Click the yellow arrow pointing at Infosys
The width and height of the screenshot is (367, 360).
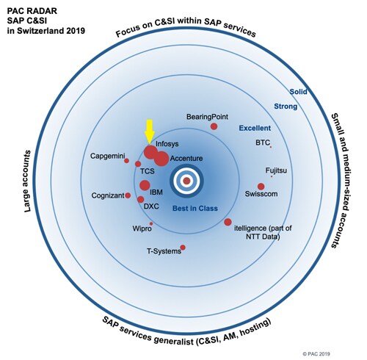pyautogui.click(x=149, y=132)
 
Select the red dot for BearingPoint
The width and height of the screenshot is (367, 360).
pyautogui.click(x=214, y=126)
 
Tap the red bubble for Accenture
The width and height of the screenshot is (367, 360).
pyautogui.click(x=161, y=159)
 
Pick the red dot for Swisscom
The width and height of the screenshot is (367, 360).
pyautogui.click(x=261, y=187)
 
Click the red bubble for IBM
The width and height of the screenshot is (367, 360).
pyautogui.click(x=145, y=185)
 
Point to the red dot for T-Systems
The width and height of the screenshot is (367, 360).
pyautogui.click(x=183, y=248)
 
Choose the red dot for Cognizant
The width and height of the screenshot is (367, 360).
pyautogui.click(x=128, y=195)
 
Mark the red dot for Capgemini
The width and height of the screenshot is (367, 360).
pyautogui.click(x=126, y=161)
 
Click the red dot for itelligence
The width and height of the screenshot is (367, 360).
pyautogui.click(x=228, y=222)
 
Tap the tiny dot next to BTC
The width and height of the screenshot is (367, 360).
pyautogui.click(x=271, y=147)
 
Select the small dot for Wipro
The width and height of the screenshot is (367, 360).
pyautogui.click(x=151, y=223)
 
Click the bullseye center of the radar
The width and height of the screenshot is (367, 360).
pyautogui.click(x=186, y=181)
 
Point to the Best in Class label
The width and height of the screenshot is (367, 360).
pyautogui.click(x=195, y=209)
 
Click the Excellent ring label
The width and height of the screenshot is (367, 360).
pyautogui.click(x=255, y=128)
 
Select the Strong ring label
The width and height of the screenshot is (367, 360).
pyautogui.click(x=286, y=107)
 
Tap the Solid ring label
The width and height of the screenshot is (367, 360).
pyautogui.click(x=298, y=92)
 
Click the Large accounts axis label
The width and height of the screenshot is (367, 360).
pyautogui.click(x=28, y=181)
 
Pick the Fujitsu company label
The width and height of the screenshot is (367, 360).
pyautogui.click(x=276, y=170)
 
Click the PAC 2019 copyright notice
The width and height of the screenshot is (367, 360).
pyautogui.click(x=316, y=353)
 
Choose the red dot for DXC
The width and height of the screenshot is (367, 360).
pyautogui.click(x=141, y=199)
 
